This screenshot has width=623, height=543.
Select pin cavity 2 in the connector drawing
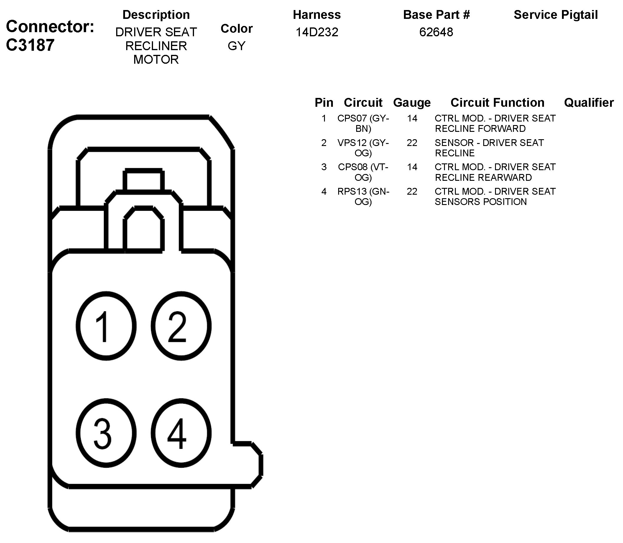[x=181, y=326]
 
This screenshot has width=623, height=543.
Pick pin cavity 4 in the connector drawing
[x=181, y=433]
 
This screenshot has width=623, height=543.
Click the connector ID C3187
[x=30, y=45]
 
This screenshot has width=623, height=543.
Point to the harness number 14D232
[x=317, y=32]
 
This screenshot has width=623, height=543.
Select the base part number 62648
[x=436, y=32]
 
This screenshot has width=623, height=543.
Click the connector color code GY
[x=236, y=46]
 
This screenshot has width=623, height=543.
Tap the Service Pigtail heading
[x=556, y=15]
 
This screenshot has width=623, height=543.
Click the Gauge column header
[x=412, y=103]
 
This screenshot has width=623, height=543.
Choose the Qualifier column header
[x=589, y=103]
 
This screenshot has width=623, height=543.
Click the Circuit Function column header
[x=497, y=103]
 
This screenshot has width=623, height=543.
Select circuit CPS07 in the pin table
[x=352, y=119]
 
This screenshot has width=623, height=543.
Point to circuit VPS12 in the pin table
[x=352, y=143]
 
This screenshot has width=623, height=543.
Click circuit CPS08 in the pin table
[x=353, y=167]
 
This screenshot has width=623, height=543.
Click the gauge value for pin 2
[x=412, y=143]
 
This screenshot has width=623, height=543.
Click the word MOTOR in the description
[x=156, y=60]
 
